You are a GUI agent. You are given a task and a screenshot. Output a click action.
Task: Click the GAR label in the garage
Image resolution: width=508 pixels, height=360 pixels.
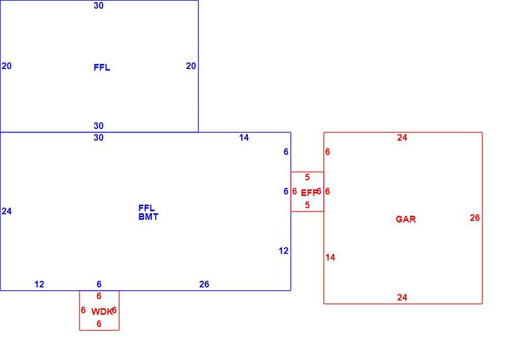coord(405,219)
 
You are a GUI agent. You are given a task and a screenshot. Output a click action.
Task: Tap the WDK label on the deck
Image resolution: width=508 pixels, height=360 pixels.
coord(102,311)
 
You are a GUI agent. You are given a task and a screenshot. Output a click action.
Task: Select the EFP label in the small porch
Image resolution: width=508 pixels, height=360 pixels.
coord(309,193)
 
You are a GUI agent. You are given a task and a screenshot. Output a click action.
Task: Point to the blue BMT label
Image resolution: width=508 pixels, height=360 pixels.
coord(148,217)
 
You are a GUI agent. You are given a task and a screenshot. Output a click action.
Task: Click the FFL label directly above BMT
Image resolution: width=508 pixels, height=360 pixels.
coord(146,208)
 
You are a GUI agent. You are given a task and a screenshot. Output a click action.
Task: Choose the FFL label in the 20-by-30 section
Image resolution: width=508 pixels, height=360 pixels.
coord(102,68)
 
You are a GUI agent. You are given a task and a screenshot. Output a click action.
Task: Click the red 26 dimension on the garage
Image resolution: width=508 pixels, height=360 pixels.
coord(474,217)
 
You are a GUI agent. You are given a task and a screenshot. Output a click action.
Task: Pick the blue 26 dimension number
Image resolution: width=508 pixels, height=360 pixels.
coord(204,284)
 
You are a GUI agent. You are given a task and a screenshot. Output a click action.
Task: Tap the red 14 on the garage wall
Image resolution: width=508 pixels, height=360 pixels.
coord(330,257)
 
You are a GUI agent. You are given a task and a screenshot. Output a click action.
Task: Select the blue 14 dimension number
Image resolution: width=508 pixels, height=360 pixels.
coord(244,138)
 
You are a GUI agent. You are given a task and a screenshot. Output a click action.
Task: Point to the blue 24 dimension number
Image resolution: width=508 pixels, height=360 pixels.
coord(7,211)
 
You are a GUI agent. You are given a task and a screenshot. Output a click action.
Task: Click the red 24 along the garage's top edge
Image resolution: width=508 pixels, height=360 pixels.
coord(402,138)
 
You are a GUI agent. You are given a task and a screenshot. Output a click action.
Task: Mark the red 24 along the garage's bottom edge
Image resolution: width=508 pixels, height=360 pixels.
coord(402,297)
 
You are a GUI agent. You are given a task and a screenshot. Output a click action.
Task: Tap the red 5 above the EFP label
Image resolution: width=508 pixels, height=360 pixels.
coord(307,177)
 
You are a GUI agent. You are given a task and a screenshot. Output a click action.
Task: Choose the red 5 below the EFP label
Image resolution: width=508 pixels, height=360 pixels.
coord(307,205)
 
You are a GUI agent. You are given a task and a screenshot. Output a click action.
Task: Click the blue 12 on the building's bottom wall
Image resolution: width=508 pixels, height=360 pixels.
coord(39,284)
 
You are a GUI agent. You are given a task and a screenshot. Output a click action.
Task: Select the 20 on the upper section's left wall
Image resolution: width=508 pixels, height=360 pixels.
coord(7,66)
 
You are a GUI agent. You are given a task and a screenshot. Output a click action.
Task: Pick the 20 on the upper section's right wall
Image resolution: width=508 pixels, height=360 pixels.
coord(191,66)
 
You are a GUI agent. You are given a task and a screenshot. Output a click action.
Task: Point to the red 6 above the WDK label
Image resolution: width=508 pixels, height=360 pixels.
coord(99,296)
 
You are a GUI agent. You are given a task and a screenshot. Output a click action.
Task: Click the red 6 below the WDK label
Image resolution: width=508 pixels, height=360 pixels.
coord(99,324)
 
